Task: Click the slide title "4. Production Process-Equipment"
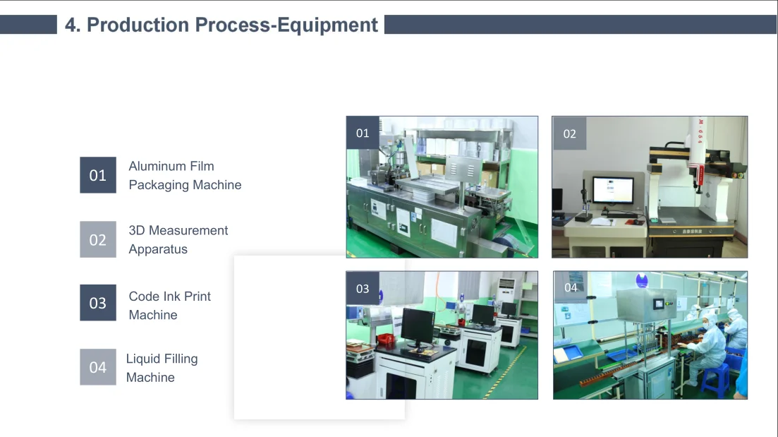click(x=221, y=25)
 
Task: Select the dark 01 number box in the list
click(x=98, y=175)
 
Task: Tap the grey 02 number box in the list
click(x=98, y=239)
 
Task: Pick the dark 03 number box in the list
click(x=98, y=303)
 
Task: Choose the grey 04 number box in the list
click(x=98, y=367)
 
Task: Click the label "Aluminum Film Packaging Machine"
click(x=185, y=175)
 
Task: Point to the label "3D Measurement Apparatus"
click(x=178, y=239)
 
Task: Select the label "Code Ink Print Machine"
click(x=169, y=306)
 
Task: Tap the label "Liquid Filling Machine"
click(x=162, y=368)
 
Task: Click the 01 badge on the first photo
click(x=363, y=133)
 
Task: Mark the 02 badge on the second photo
click(x=569, y=133)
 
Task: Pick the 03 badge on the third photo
click(x=363, y=288)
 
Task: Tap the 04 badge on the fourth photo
click(x=571, y=287)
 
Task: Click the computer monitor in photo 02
click(x=613, y=191)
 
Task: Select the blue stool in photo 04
click(x=714, y=380)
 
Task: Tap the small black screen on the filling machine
click(x=659, y=304)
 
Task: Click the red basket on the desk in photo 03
click(x=384, y=340)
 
